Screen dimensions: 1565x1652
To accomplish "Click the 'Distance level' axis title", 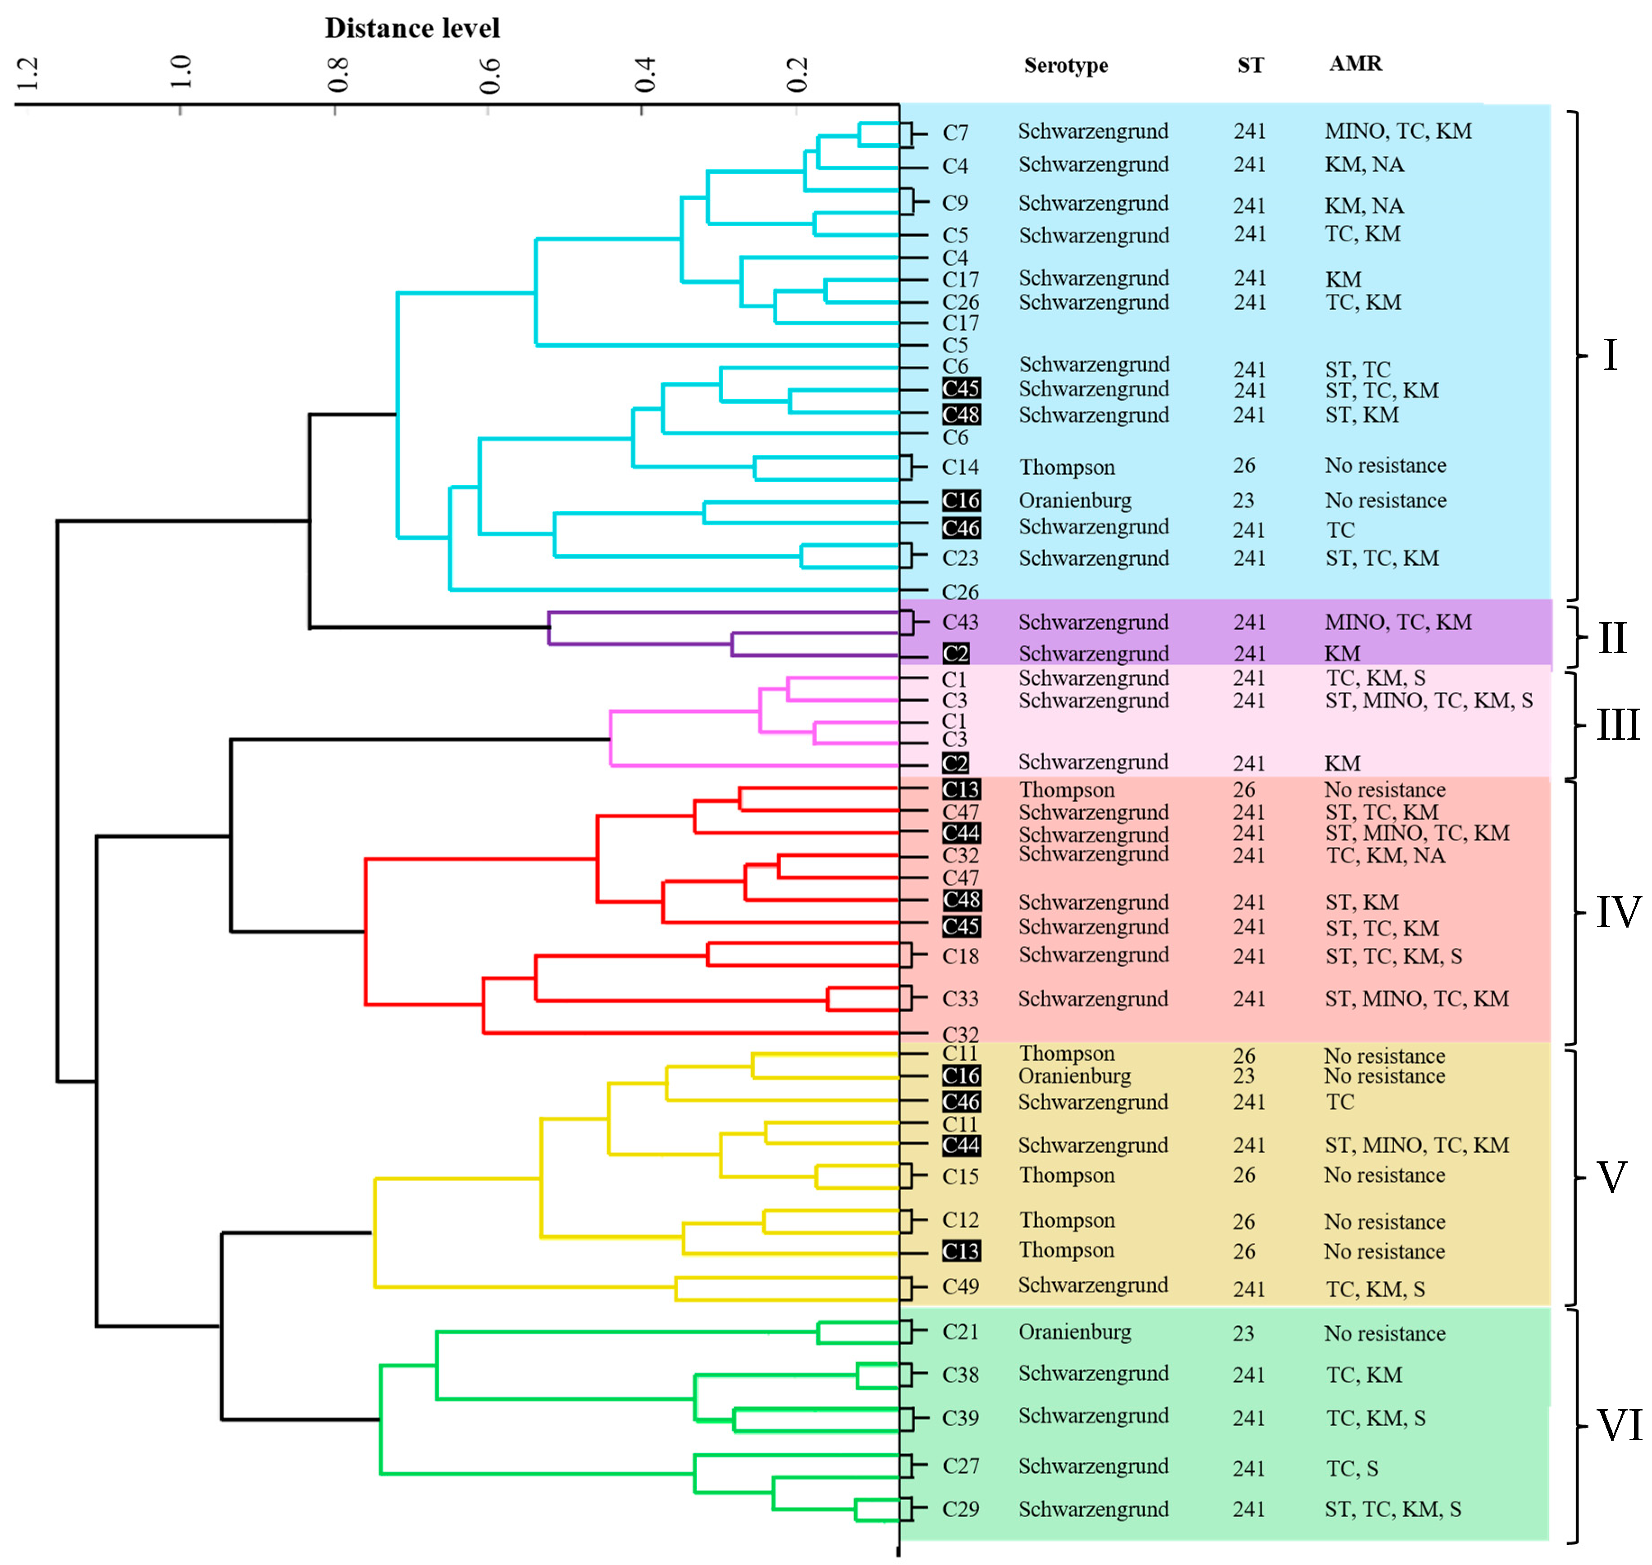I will click(x=412, y=28).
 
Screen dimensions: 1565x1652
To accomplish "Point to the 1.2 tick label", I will click(x=27, y=73).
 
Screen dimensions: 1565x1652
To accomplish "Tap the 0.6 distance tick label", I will click(x=489, y=75).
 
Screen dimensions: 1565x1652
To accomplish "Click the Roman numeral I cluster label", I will click(x=1610, y=355).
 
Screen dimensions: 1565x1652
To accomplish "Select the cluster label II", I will click(x=1612, y=638).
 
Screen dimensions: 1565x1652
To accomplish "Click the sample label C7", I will click(x=955, y=132).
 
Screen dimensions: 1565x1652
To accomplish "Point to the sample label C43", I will click(x=960, y=622).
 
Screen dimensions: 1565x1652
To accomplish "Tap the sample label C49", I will click(x=960, y=1286).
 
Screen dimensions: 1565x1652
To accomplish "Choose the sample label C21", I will click(x=960, y=1331).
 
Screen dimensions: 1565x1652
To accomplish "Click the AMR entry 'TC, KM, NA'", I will click(x=1385, y=855).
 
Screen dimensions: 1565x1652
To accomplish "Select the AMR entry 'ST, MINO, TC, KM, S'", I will click(x=1428, y=701).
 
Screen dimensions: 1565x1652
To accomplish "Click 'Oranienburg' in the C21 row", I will click(x=1075, y=1331).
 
